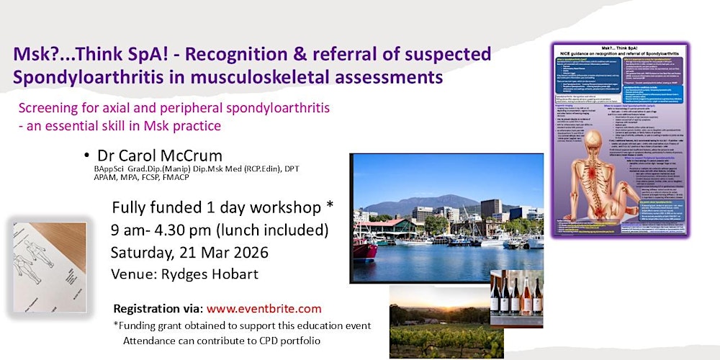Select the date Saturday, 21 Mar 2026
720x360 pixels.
[x=189, y=253]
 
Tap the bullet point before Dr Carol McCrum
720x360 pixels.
[x=86, y=156]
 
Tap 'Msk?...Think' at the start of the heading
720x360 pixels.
[x=64, y=54]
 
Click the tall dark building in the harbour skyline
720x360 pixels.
[x=491, y=207]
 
